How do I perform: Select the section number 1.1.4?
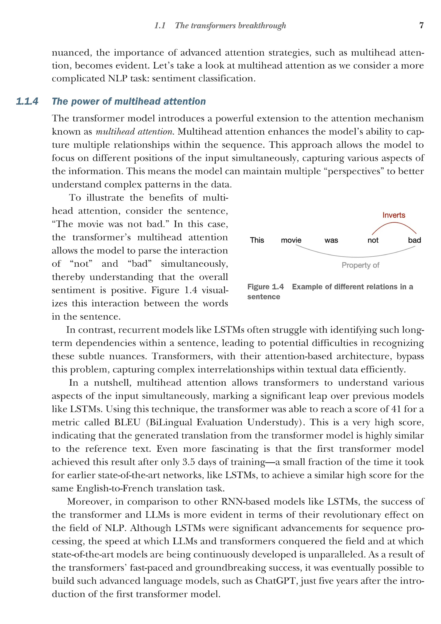(27, 101)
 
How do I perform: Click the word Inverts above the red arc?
(394, 215)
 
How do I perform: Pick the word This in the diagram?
(257, 240)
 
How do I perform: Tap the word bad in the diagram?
(414, 240)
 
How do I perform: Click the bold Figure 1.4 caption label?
(265, 287)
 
